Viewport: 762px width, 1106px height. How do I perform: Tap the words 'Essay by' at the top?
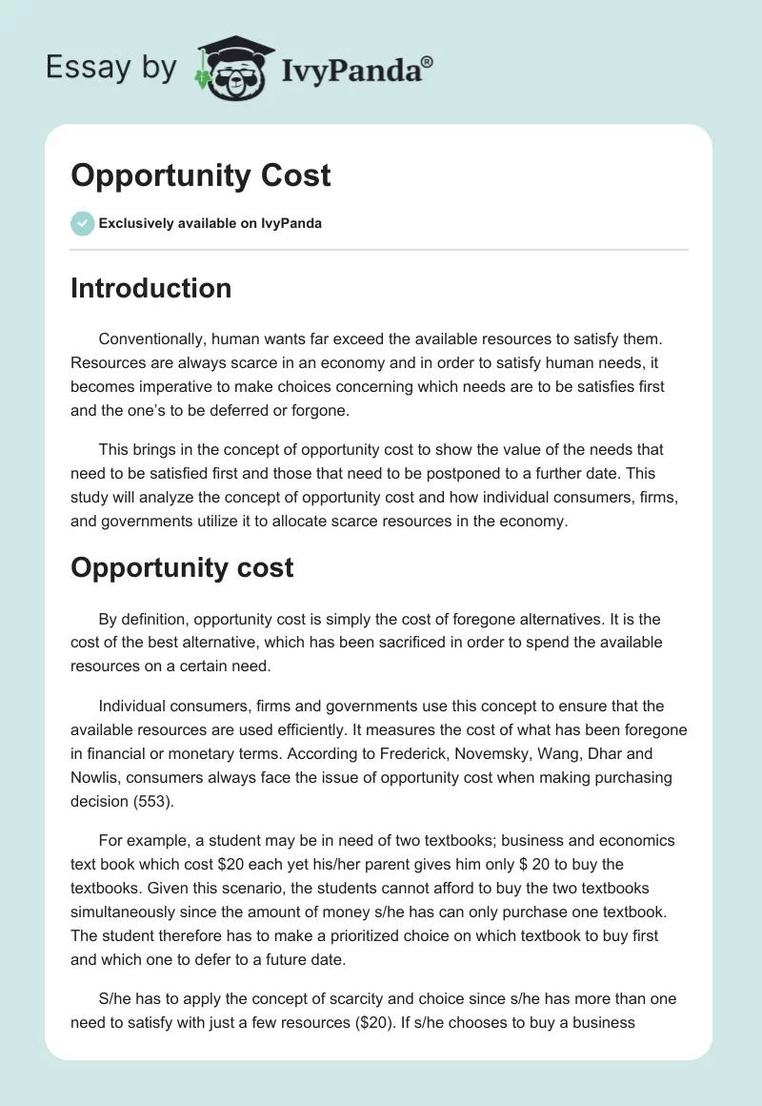click(110, 67)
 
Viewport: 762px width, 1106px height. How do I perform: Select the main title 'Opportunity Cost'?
click(201, 175)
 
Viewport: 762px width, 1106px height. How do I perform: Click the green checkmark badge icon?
click(82, 223)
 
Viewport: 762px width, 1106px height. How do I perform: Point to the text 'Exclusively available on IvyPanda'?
click(211, 223)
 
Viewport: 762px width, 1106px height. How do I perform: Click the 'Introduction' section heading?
click(150, 288)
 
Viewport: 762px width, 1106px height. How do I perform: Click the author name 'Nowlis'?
click(97, 778)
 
